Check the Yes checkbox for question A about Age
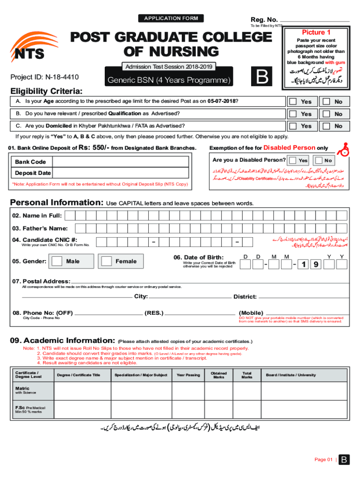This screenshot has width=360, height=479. click(x=293, y=102)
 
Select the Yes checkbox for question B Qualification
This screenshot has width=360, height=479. click(x=293, y=114)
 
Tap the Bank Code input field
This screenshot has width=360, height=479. click(x=121, y=162)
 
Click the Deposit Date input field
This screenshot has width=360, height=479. click(x=121, y=173)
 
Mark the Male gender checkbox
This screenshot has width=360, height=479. click(x=57, y=261)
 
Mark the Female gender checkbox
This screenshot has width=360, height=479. click(x=107, y=261)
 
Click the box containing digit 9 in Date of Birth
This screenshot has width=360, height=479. click(x=316, y=265)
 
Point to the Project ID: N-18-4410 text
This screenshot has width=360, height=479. click(x=44, y=77)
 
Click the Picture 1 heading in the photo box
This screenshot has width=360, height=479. click(x=316, y=32)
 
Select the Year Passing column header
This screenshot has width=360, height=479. click(x=188, y=375)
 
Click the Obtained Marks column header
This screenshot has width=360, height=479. click(x=219, y=375)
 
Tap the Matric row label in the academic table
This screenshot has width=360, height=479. click(x=22, y=388)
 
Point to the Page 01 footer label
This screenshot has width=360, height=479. click(x=324, y=459)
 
